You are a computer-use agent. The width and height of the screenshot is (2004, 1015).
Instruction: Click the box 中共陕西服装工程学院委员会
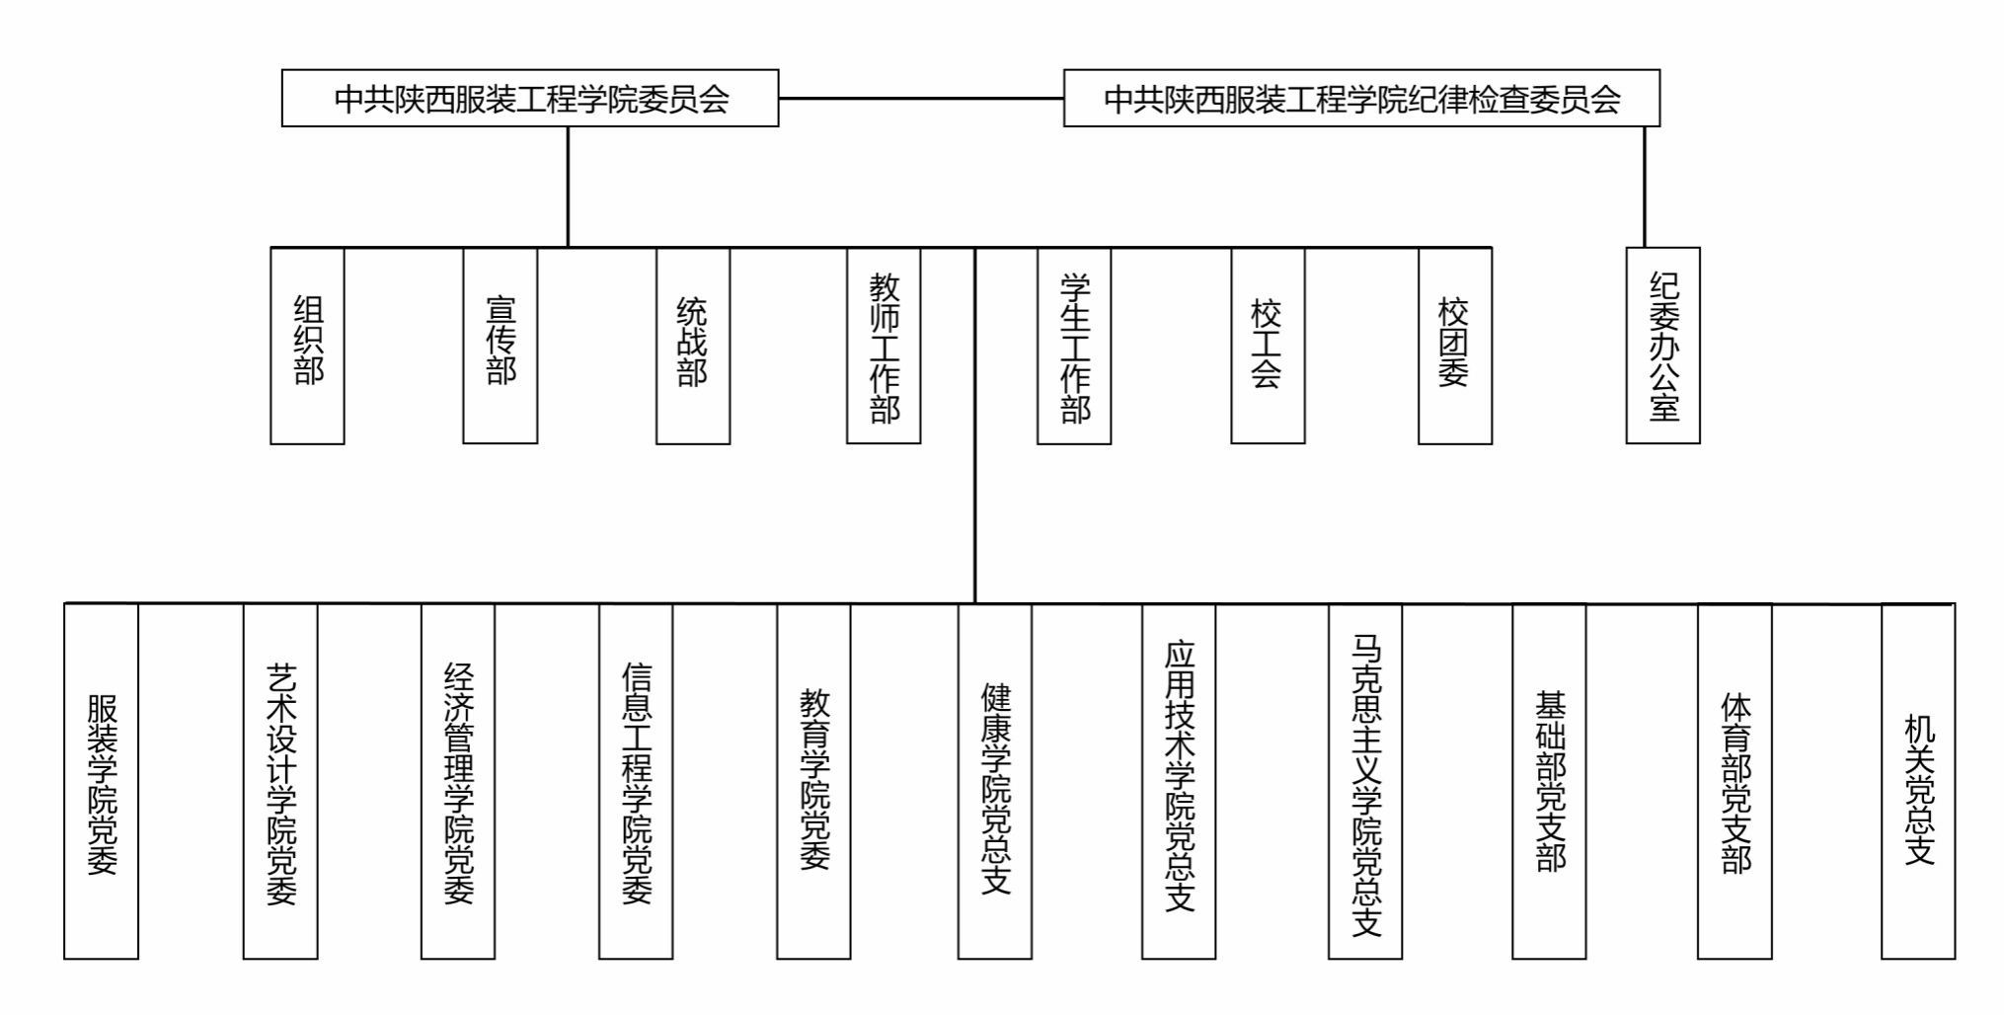530,98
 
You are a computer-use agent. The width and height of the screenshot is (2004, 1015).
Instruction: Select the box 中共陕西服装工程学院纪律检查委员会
1361,98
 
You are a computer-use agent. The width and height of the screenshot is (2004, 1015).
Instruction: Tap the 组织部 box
307,346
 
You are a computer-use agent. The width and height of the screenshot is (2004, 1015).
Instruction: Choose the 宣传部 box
501,346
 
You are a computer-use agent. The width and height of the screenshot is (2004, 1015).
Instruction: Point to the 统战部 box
693,346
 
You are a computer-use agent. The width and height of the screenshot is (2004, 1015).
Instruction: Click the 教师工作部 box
884,346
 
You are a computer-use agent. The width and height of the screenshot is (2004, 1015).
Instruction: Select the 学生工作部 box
1074,346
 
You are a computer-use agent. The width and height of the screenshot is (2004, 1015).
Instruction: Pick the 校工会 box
1268,346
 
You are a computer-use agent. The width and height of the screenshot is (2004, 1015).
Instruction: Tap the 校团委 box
1455,346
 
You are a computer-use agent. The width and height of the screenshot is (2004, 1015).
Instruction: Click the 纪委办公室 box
1663,346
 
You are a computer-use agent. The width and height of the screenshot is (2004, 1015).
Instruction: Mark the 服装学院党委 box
101,781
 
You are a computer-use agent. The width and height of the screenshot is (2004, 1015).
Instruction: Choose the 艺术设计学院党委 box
280,781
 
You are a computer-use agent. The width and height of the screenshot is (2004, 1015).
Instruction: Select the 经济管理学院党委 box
458,781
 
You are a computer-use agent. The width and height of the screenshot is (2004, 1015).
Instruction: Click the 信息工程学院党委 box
636,781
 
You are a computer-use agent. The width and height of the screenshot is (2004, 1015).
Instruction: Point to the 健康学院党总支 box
995,781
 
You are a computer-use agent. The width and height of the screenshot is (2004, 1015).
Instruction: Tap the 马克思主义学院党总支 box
1365,781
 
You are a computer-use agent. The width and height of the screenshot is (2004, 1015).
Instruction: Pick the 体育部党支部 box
1734,781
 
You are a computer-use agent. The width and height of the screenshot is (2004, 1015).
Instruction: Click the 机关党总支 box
1918,781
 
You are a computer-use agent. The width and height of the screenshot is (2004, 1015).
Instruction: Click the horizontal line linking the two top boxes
921,98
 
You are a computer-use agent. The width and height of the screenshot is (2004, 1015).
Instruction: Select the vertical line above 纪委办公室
1645,187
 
